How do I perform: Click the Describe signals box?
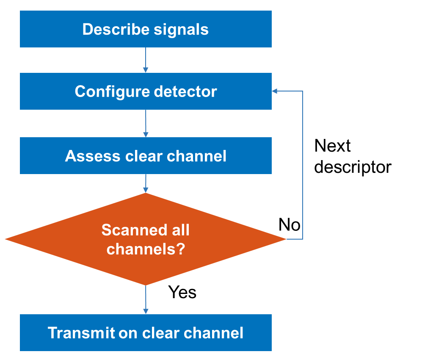click(146, 29)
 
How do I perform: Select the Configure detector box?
click(146, 91)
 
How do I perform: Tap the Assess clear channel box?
click(146, 156)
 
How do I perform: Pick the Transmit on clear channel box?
click(146, 333)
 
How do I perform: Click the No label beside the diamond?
click(290, 225)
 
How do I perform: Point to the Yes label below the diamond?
click(182, 292)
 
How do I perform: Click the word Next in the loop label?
click(333, 146)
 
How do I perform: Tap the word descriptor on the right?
click(353, 167)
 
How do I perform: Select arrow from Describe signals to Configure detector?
click(146, 60)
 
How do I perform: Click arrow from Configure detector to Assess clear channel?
click(146, 123)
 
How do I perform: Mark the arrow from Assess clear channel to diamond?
click(146, 183)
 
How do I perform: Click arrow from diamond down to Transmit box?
click(146, 299)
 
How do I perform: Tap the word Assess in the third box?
click(93, 156)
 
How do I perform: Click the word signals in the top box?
click(181, 29)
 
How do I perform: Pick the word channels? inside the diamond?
click(146, 249)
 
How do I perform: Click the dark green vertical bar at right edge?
click(411, 180)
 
